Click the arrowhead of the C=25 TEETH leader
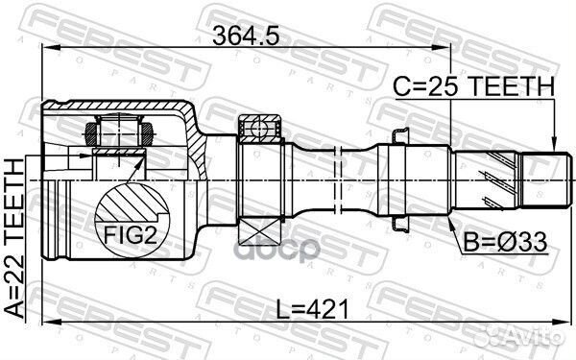[x=556, y=145]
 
